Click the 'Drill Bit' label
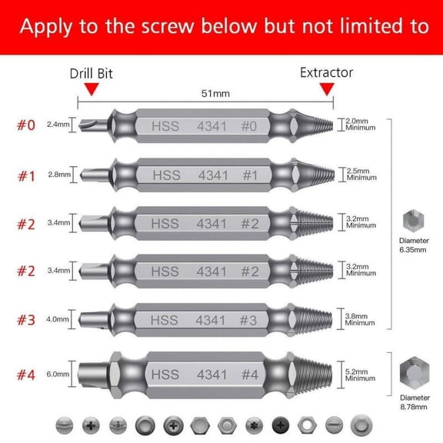[92, 73]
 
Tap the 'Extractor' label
[326, 72]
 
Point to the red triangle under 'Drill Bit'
[92, 90]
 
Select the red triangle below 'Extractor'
[327, 90]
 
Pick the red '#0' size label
[26, 124]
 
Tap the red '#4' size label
[26, 376]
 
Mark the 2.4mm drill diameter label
[57, 124]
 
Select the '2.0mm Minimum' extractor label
[361, 124]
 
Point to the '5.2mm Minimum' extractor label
[361, 375]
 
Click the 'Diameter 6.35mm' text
[413, 245]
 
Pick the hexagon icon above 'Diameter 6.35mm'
[412, 221]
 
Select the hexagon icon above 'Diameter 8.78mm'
[413, 376]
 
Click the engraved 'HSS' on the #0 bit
[165, 125]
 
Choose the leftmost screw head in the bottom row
[64, 424]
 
